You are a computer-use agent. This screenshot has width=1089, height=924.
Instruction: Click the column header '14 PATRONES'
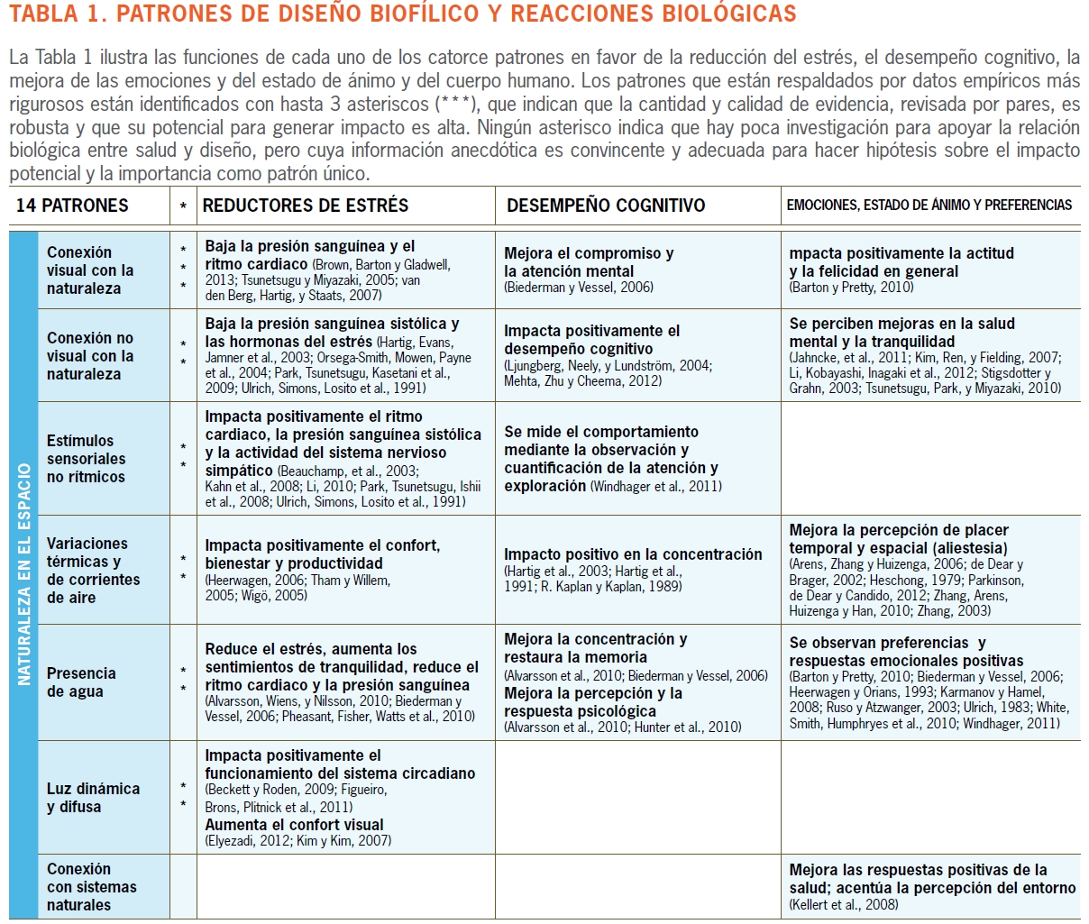pyautogui.click(x=72, y=206)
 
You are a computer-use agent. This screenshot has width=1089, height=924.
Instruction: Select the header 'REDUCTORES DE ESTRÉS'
pyautogui.click(x=306, y=206)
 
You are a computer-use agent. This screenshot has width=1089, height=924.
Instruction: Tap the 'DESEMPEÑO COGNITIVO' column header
pyautogui.click(x=606, y=206)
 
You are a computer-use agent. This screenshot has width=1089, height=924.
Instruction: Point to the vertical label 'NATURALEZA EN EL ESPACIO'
pyautogui.click(x=23, y=574)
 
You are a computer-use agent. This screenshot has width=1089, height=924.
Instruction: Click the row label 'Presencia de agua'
pyautogui.click(x=81, y=682)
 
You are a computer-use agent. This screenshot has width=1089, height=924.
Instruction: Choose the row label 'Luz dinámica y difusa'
pyautogui.click(x=93, y=798)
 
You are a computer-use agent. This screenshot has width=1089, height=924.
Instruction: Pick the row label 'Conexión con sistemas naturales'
pyautogui.click(x=91, y=887)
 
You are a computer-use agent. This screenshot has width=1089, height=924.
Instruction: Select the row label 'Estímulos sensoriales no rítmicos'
pyautogui.click(x=86, y=459)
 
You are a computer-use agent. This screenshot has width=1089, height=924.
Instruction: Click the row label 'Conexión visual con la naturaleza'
pyautogui.click(x=90, y=270)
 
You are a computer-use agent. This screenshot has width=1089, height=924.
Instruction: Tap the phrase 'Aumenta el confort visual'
pyautogui.click(x=294, y=825)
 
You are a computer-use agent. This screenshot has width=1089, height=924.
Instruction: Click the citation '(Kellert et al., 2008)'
pyautogui.click(x=844, y=904)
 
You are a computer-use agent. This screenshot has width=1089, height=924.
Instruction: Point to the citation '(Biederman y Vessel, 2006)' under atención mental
pyautogui.click(x=579, y=288)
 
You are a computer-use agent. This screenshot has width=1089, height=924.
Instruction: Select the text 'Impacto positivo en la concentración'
pyautogui.click(x=633, y=554)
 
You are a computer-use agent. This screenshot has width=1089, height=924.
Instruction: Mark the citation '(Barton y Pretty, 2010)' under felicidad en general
pyautogui.click(x=851, y=288)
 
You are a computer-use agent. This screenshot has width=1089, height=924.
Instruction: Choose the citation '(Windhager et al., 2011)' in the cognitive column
pyautogui.click(x=655, y=487)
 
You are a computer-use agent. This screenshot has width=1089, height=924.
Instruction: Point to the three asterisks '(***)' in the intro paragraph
pyautogui.click(x=458, y=105)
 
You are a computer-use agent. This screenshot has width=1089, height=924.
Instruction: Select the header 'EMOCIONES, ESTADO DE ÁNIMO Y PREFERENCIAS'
pyautogui.click(x=929, y=206)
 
